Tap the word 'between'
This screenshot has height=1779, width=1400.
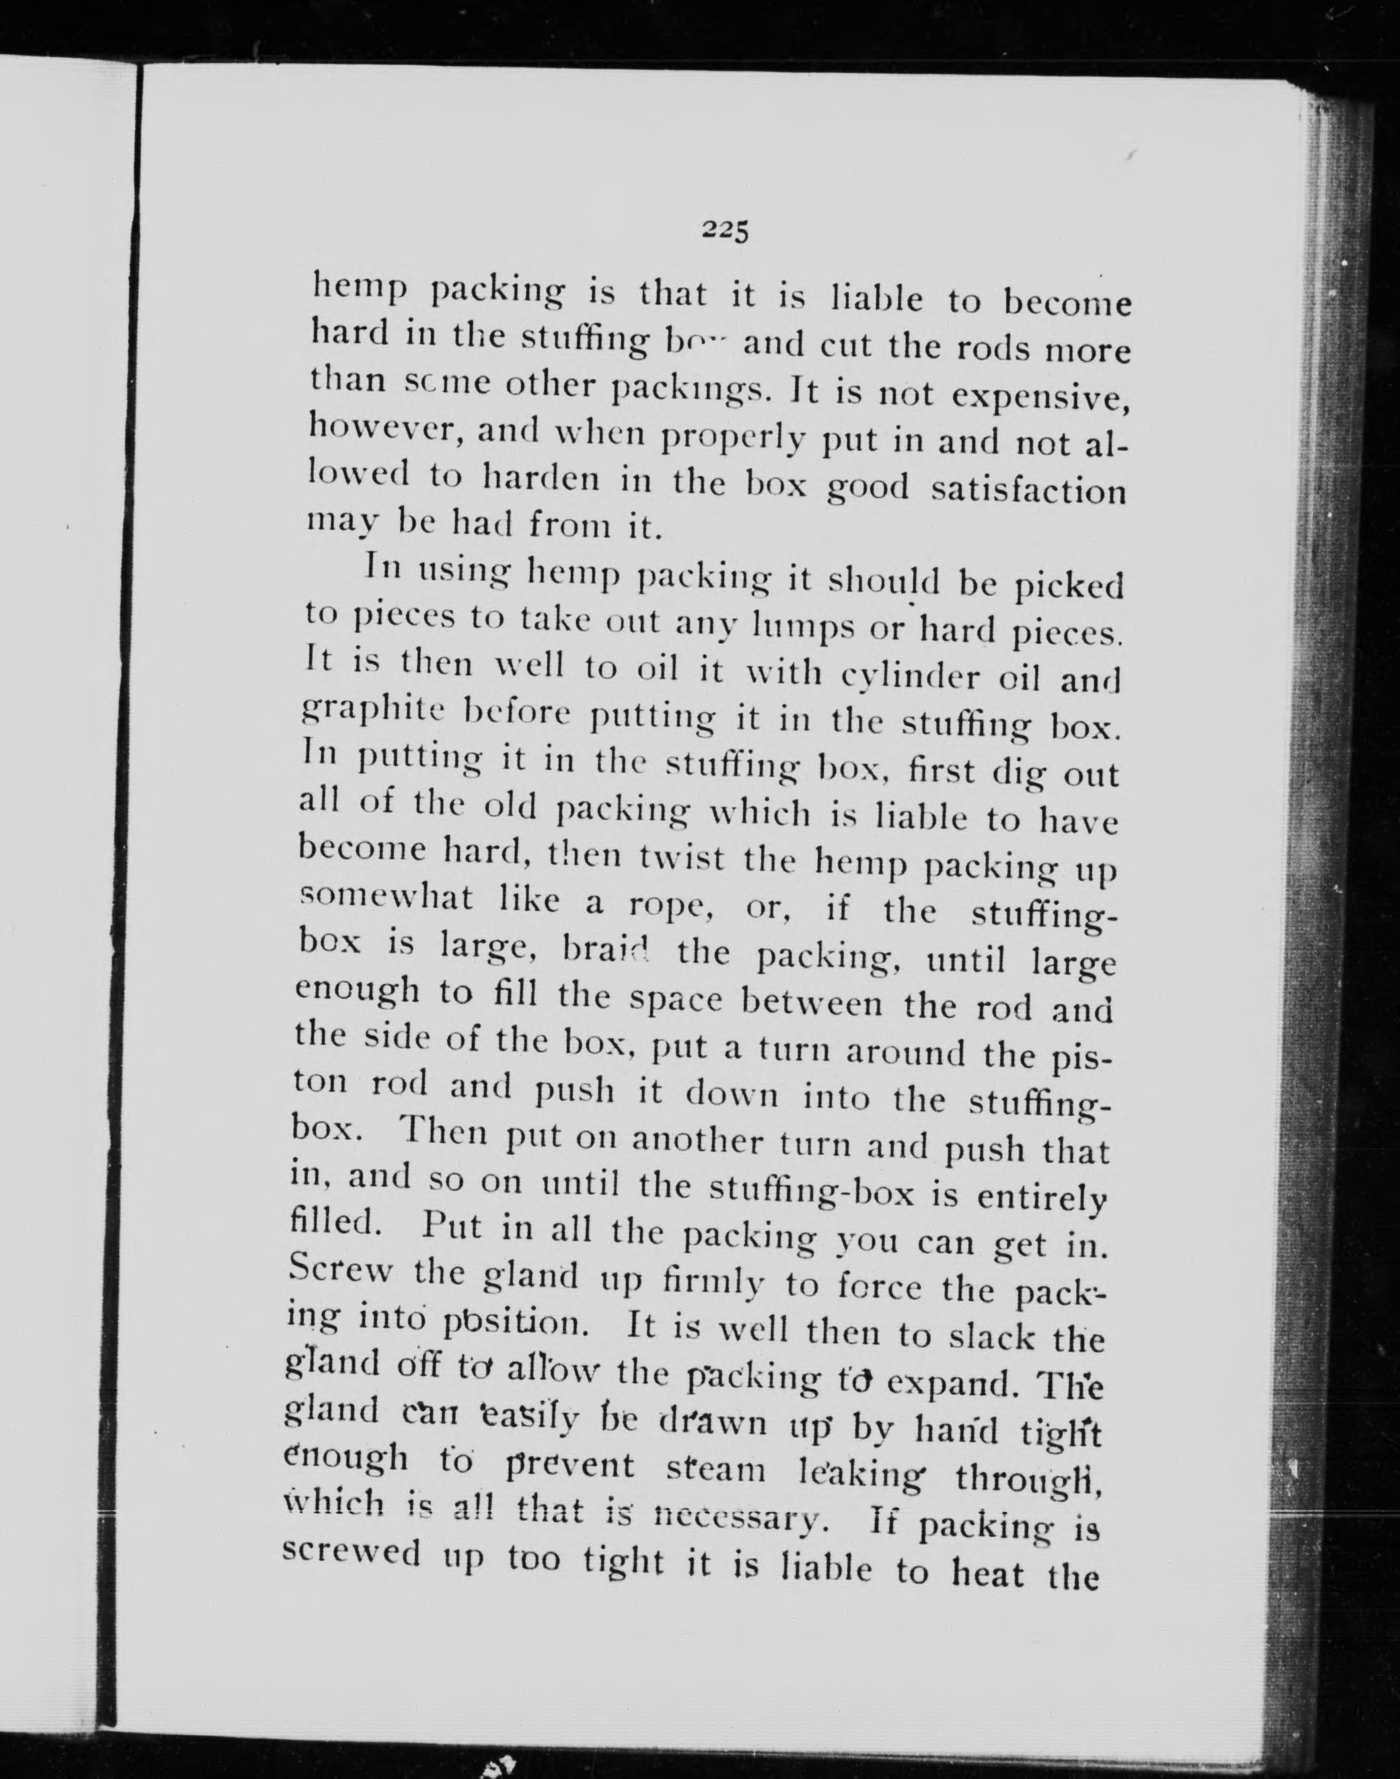(x=812, y=1003)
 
